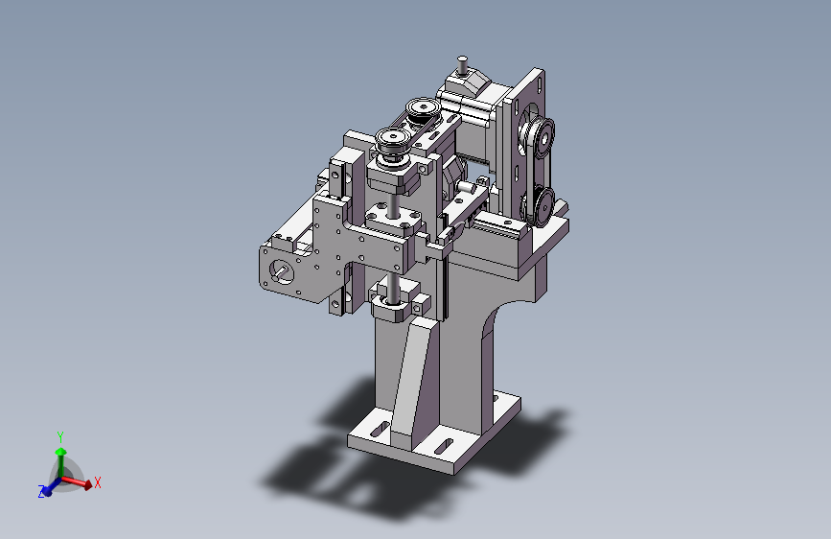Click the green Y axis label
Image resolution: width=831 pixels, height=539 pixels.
click(60, 437)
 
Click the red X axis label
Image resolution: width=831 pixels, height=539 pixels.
click(98, 482)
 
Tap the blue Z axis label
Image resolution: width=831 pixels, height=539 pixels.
click(41, 492)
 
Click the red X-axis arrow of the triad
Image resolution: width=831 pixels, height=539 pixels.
click(77, 481)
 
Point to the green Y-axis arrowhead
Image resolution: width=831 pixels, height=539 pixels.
click(61, 452)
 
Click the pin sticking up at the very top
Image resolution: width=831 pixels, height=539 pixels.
click(463, 65)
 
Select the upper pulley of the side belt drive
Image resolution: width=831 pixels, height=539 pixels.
click(542, 136)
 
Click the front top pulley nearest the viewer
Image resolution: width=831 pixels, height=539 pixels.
click(393, 139)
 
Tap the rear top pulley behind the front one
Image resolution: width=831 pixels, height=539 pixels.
click(424, 108)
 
